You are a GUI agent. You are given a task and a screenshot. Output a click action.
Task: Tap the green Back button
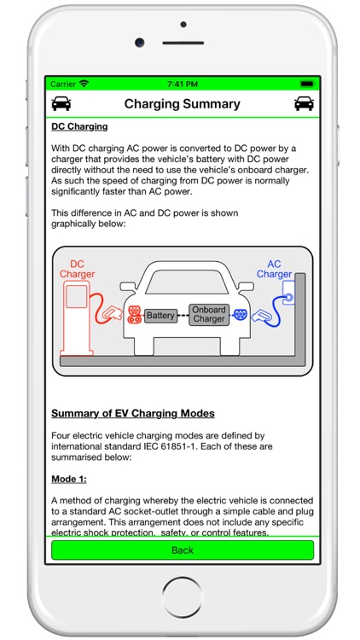(183, 550)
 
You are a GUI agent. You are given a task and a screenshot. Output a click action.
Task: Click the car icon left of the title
(61, 104)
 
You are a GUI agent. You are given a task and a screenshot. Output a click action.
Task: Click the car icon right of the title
(303, 104)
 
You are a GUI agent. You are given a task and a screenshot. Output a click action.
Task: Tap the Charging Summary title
(183, 104)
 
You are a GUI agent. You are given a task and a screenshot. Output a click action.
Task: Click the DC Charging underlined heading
(79, 127)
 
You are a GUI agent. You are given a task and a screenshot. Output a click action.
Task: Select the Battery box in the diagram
(160, 315)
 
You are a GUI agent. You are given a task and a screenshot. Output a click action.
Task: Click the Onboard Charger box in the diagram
(209, 315)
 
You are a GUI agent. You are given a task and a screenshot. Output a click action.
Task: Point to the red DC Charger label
(77, 270)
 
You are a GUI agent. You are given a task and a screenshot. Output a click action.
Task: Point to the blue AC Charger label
(274, 270)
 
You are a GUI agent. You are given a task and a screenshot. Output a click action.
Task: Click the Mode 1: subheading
(69, 479)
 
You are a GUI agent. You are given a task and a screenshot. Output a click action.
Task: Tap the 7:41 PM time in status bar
(182, 84)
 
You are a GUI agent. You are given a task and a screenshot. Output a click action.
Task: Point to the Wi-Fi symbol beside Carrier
(84, 84)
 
